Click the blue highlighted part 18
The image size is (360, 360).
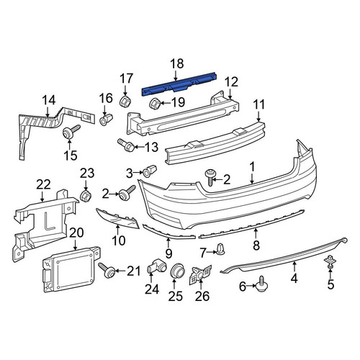click(x=179, y=84)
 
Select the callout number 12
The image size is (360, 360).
click(x=231, y=82)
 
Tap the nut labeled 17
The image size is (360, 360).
click(x=125, y=101)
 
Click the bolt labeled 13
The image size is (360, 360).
click(x=126, y=145)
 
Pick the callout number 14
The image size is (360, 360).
click(x=49, y=100)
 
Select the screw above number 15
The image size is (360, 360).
click(x=71, y=132)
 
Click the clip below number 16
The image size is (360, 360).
click(x=106, y=120)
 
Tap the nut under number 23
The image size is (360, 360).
click(x=86, y=195)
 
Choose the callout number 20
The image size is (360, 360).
click(x=76, y=233)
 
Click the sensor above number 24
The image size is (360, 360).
click(x=156, y=266)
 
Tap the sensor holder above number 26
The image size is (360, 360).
click(x=200, y=275)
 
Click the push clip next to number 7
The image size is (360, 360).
click(x=220, y=249)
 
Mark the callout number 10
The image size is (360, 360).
click(x=119, y=240)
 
